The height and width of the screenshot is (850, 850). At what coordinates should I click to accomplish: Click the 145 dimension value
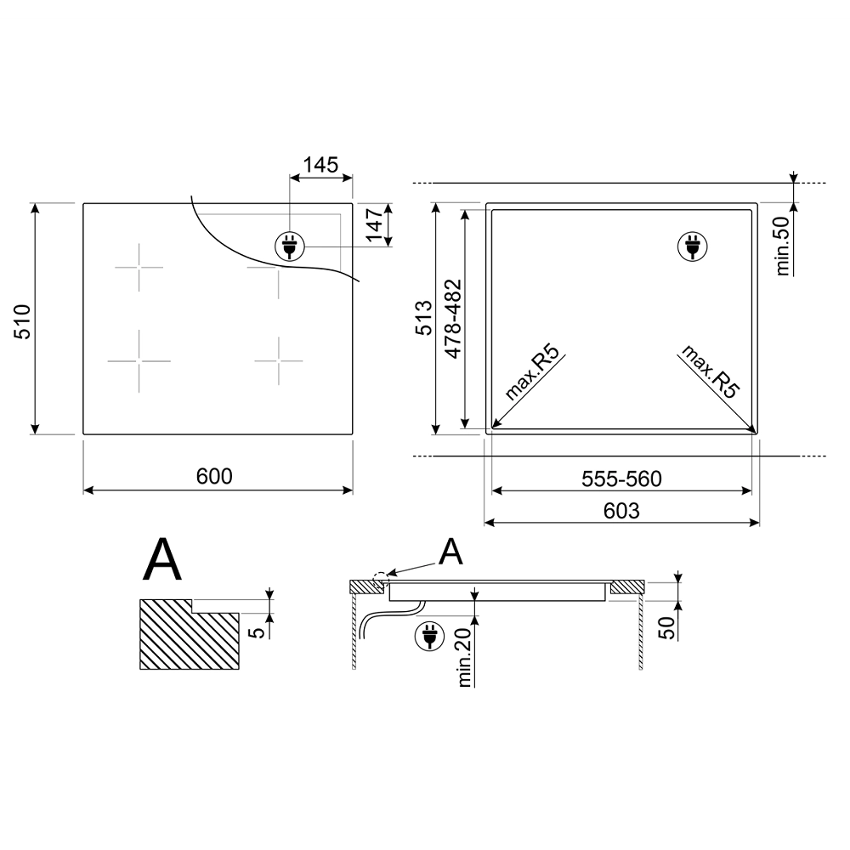coord(320,165)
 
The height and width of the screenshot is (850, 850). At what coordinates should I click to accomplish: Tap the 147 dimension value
coord(374,224)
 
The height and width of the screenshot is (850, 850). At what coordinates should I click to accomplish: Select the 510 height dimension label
coord(22,321)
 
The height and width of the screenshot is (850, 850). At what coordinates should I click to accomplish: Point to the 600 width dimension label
coord(214,476)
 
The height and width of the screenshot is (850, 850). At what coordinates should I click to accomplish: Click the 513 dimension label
coord(424,318)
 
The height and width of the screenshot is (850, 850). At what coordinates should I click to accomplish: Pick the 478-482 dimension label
coord(453,319)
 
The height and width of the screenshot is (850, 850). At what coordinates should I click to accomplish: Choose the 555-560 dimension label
coord(621,479)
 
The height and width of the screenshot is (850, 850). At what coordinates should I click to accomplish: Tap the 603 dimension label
coord(621,511)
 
